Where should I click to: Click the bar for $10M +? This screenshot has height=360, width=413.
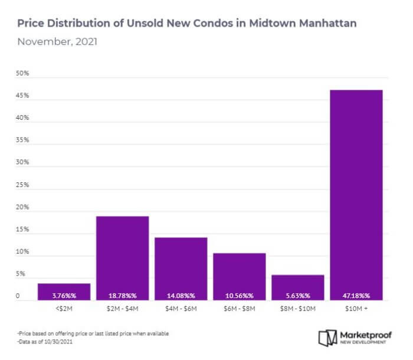point(356,195)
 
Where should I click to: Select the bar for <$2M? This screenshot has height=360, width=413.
point(64,292)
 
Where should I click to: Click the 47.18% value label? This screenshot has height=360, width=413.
point(356,295)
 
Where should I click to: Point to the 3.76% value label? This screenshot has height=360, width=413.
point(64,295)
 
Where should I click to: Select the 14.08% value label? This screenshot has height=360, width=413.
point(181,295)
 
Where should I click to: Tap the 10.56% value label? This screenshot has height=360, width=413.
point(239,295)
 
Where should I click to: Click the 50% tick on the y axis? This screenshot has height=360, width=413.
point(22,74)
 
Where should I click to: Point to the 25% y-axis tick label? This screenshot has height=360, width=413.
point(22,185)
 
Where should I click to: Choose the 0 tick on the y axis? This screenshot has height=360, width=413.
point(18,296)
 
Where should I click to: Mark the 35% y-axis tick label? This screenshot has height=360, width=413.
point(22,140)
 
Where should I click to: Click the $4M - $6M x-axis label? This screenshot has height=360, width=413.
point(181,307)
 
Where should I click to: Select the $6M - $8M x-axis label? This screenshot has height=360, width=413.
point(239,307)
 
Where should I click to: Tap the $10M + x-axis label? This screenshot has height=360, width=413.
point(356,307)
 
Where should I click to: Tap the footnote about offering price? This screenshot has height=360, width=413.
point(93,333)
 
